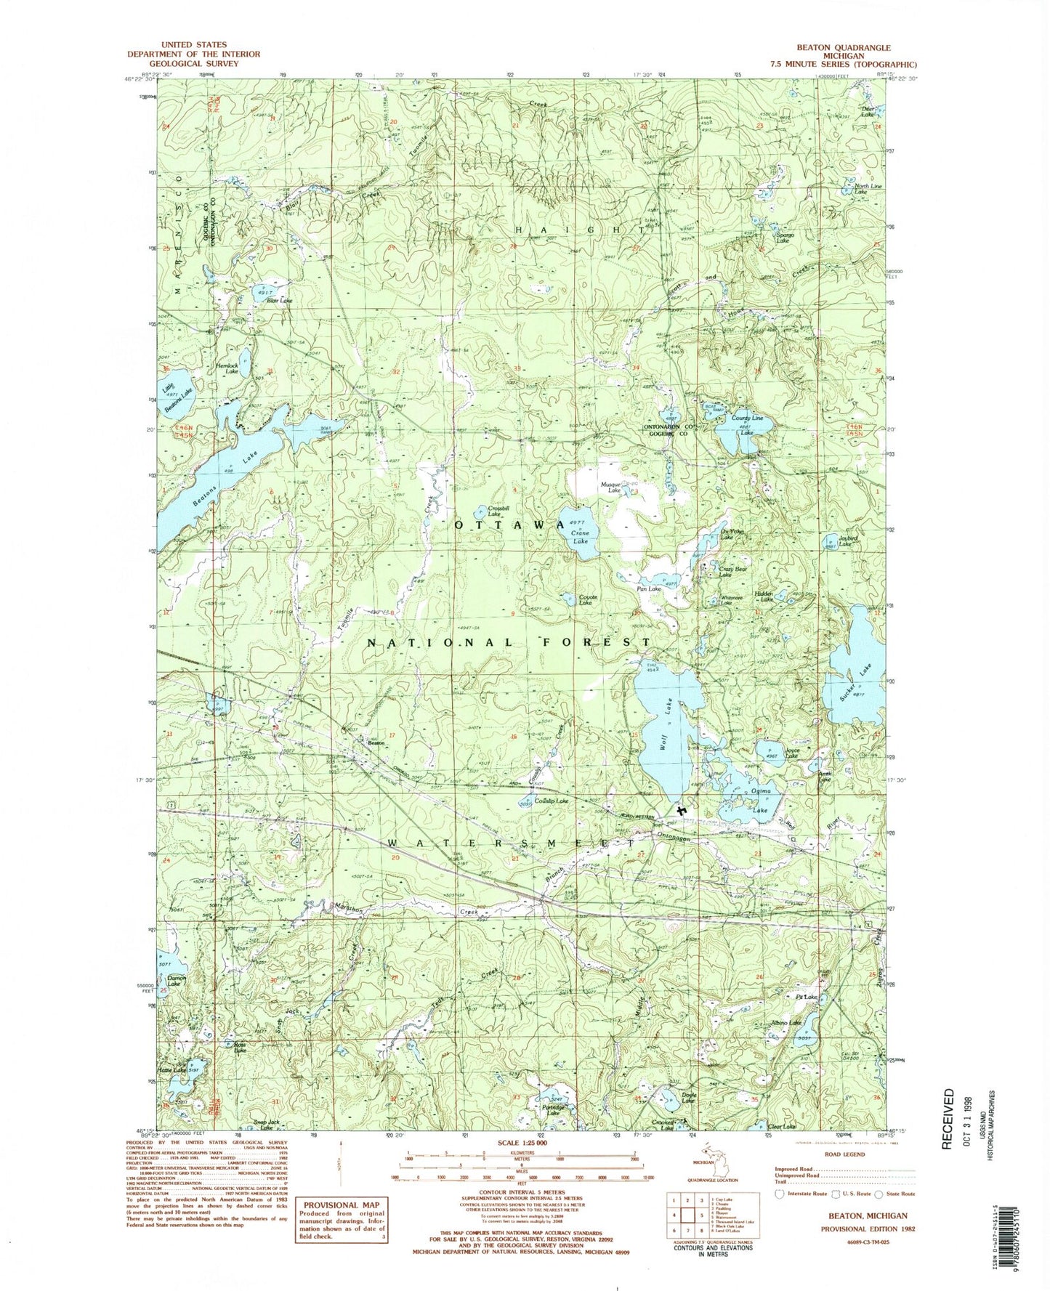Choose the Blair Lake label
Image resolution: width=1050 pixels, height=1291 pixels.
(x=279, y=300)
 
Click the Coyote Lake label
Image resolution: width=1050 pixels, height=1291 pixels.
(x=586, y=601)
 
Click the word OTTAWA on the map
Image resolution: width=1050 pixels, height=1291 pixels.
(x=509, y=525)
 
